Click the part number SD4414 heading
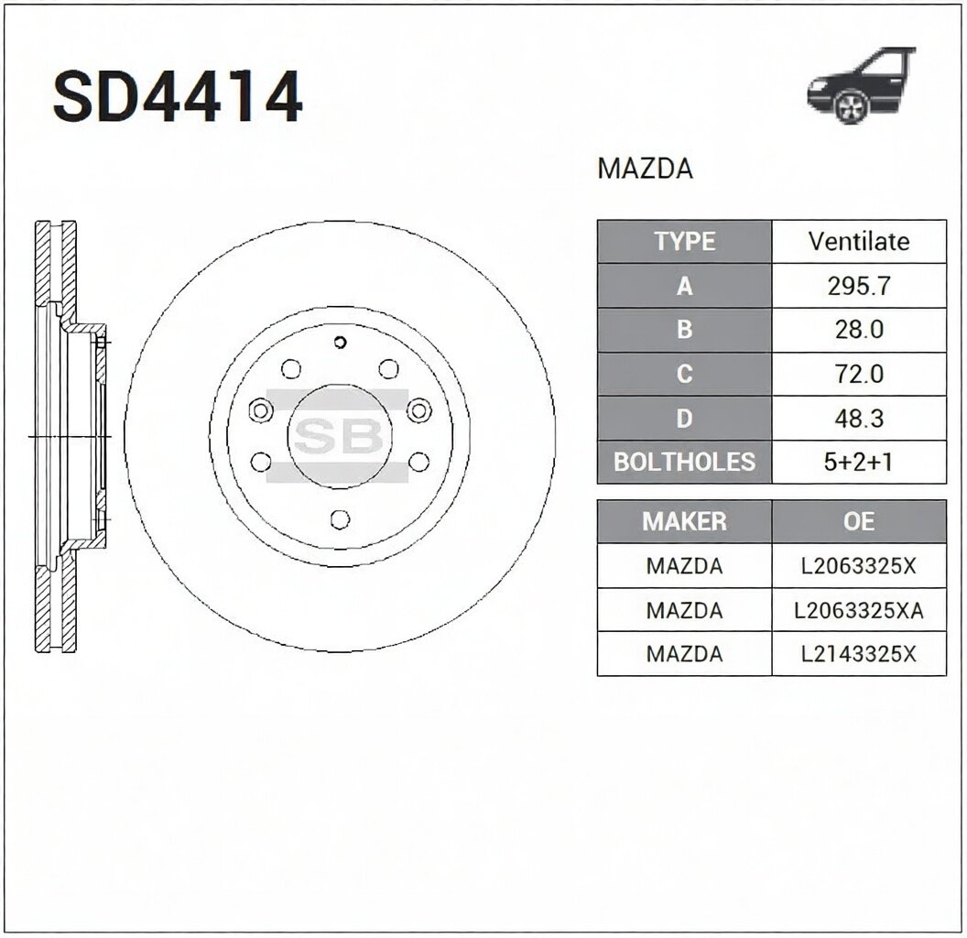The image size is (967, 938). (178, 97)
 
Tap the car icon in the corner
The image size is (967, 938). (862, 85)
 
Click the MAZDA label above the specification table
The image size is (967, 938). (645, 169)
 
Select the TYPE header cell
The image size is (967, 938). (685, 241)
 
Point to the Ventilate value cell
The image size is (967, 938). (859, 241)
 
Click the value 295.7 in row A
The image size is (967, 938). (859, 286)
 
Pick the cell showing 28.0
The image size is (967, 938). (859, 330)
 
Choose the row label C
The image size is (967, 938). (685, 374)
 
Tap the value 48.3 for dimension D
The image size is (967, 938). (859, 419)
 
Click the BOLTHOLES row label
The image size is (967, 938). (685, 462)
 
